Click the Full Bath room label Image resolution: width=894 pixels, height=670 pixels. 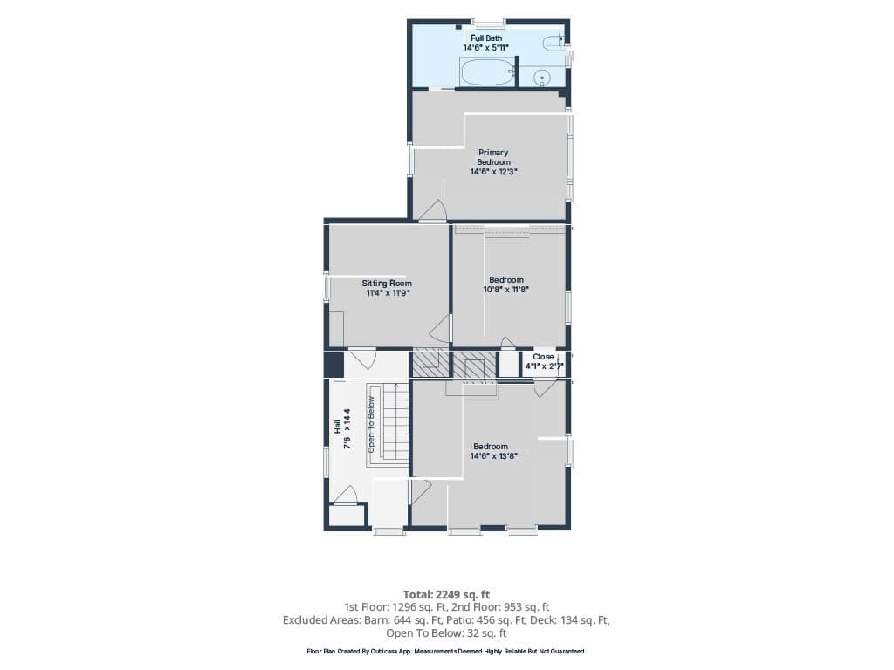486,38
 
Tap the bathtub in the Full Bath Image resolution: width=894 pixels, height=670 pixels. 487,73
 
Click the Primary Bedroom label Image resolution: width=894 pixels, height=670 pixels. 493,157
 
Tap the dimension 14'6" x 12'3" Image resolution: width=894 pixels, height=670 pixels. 493,172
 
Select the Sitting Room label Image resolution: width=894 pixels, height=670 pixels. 387,284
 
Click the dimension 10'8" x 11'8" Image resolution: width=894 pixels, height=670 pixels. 506,290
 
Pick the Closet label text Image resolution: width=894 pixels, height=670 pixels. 543,357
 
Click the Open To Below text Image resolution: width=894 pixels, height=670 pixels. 371,425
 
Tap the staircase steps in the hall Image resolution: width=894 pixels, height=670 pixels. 395,421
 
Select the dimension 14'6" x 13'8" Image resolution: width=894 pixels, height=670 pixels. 494,455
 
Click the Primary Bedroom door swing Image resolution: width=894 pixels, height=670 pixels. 432,210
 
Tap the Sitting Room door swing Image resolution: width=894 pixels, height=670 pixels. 440,331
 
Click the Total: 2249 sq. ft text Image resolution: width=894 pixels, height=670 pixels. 446,595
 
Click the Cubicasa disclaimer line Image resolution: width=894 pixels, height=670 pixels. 446,651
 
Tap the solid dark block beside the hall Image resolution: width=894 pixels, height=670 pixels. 334,365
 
